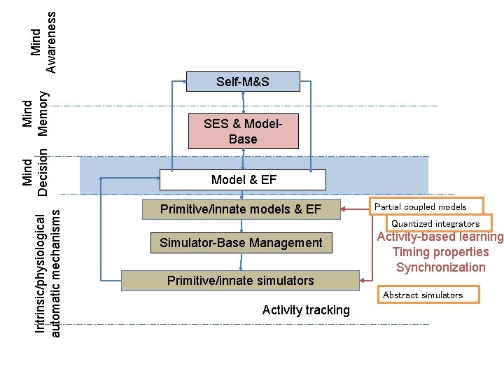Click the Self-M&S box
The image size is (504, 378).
pyautogui.click(x=242, y=82)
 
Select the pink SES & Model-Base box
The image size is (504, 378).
pyautogui.click(x=242, y=132)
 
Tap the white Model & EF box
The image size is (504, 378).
pyautogui.click(x=243, y=180)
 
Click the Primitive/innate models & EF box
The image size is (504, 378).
pyautogui.click(x=241, y=209)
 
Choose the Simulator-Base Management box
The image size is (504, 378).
pyautogui.click(x=241, y=243)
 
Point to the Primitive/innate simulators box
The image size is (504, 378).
pyautogui.click(x=240, y=281)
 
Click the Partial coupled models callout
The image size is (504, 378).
pyautogui.click(x=426, y=206)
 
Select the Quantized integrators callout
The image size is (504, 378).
pyautogui.click(x=435, y=223)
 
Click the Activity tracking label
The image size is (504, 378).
pyautogui.click(x=306, y=310)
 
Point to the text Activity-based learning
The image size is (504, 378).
pyautogui.click(x=440, y=237)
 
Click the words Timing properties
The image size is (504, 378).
pyautogui.click(x=440, y=252)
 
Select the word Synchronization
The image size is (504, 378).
pyautogui.click(x=440, y=267)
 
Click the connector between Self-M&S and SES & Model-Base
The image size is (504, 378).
pyautogui.click(x=242, y=102)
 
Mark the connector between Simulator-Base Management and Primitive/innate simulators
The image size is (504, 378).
pyautogui.click(x=241, y=261)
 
